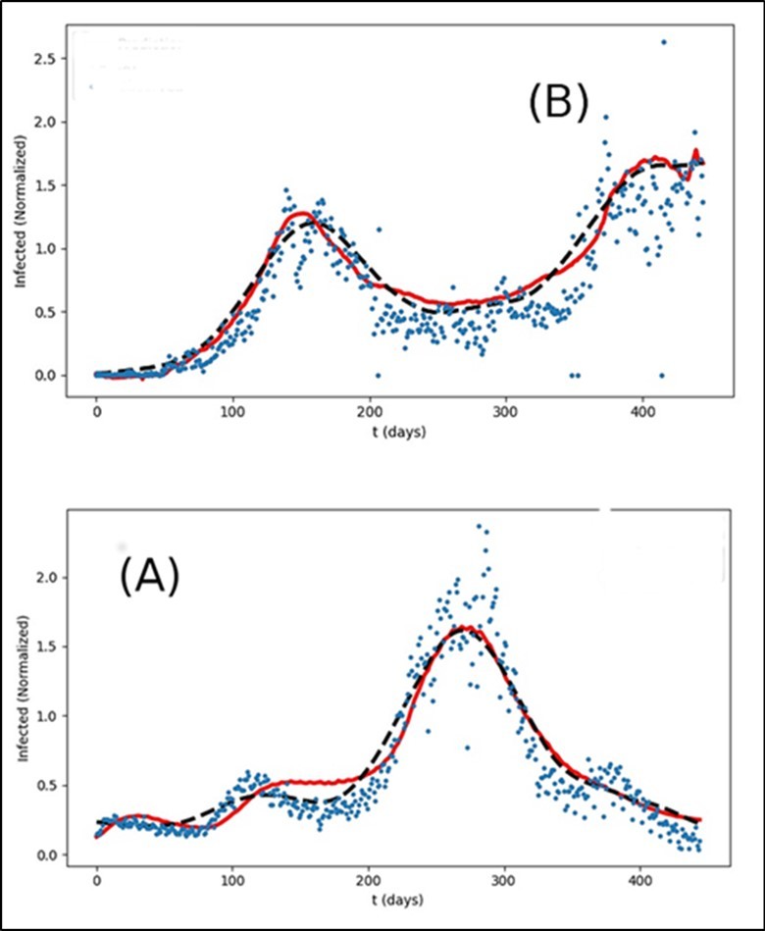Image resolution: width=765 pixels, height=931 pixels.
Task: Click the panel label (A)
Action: pyautogui.click(x=149, y=578)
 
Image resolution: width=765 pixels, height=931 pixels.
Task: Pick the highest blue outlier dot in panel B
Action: pyautogui.click(x=663, y=42)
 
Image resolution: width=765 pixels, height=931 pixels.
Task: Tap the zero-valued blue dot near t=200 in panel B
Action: pyautogui.click(x=378, y=376)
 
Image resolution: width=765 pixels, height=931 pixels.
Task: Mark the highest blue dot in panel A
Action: pyautogui.click(x=479, y=526)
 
